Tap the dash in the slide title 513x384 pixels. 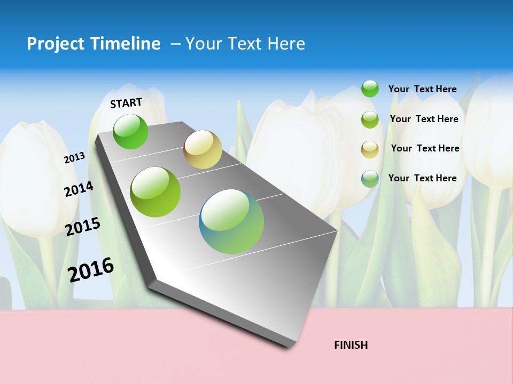(175, 44)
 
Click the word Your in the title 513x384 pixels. (204, 44)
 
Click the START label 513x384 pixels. (126, 103)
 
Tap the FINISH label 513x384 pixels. (351, 345)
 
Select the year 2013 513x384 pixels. (75, 158)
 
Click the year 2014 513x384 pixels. (79, 189)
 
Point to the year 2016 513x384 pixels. (91, 269)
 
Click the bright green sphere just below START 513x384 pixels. (130, 131)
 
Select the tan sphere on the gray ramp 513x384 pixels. (203, 149)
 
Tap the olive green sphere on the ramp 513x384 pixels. (156, 192)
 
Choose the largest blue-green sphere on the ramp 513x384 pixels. (231, 221)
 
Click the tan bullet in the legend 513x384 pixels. (370, 149)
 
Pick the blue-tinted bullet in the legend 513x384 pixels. (370, 179)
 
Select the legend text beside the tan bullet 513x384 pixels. (425, 148)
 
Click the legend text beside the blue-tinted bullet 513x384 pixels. (422, 178)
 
